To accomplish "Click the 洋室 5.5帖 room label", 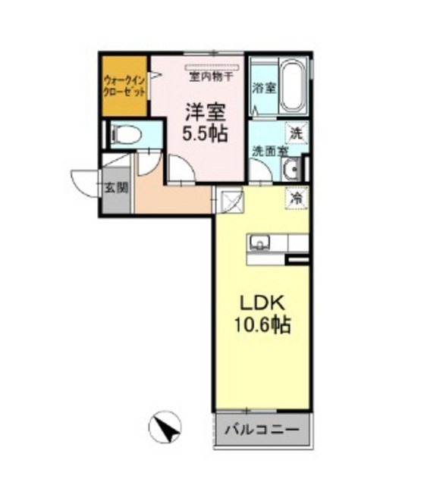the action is click(x=205, y=123).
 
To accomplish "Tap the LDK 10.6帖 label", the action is click(x=262, y=314).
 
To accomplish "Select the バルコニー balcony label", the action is click(x=262, y=430).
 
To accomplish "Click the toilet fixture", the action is click(x=126, y=135).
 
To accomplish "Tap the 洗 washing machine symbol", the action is click(x=297, y=133).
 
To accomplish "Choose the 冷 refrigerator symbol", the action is click(x=297, y=199).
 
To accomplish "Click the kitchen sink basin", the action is click(x=260, y=242).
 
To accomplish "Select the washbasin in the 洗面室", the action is click(x=291, y=169).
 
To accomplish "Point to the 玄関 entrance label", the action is click(x=116, y=187).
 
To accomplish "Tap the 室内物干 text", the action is click(x=211, y=77).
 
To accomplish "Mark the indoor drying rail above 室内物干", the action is click(x=212, y=67).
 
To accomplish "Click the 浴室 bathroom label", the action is click(x=264, y=89).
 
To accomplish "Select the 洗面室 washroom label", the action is click(x=270, y=152).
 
